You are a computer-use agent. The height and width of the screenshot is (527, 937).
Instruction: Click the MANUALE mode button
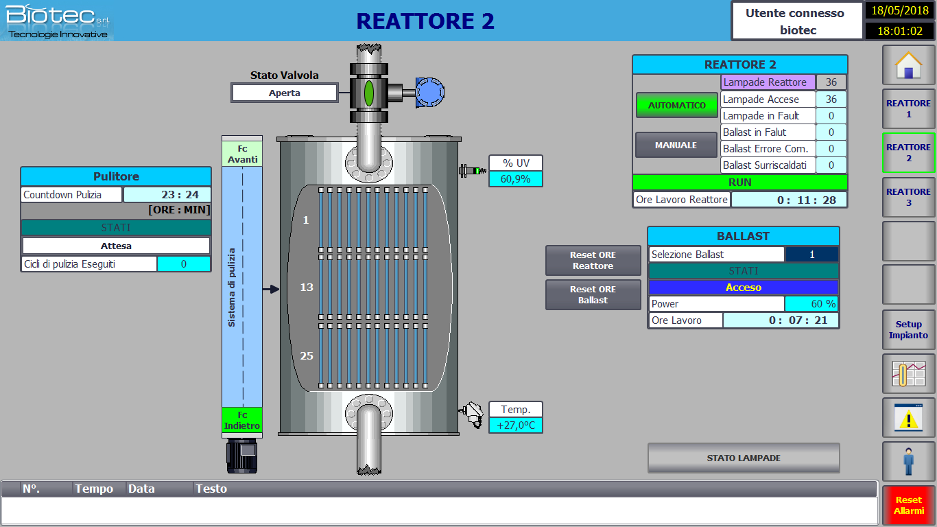click(x=676, y=145)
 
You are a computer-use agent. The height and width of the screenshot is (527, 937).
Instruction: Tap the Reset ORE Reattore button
click(x=593, y=260)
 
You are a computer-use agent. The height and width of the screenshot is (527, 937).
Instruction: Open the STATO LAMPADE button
click(x=744, y=458)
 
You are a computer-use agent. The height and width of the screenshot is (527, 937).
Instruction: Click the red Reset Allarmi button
click(x=909, y=505)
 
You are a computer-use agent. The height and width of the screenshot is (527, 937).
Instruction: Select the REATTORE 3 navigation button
click(x=909, y=197)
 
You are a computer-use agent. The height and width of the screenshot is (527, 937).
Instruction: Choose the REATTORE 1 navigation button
click(x=909, y=109)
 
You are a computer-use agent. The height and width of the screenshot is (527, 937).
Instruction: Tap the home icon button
click(x=909, y=65)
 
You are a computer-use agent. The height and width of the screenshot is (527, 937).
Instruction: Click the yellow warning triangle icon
click(x=909, y=419)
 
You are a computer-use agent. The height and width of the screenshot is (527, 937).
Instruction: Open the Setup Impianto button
click(x=909, y=330)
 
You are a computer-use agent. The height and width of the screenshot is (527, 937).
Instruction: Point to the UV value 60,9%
click(x=516, y=179)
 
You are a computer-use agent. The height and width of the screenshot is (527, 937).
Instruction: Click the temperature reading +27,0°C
click(x=516, y=425)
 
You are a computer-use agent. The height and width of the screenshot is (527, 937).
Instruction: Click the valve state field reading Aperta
click(x=285, y=93)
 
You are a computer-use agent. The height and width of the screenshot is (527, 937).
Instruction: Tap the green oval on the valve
click(x=369, y=93)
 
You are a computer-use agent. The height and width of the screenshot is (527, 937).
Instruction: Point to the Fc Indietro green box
click(x=242, y=420)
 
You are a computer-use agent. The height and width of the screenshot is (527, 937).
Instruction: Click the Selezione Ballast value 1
click(x=812, y=255)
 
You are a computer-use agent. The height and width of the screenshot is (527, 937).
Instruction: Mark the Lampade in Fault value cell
click(x=831, y=116)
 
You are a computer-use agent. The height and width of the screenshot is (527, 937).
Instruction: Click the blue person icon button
click(x=909, y=462)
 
